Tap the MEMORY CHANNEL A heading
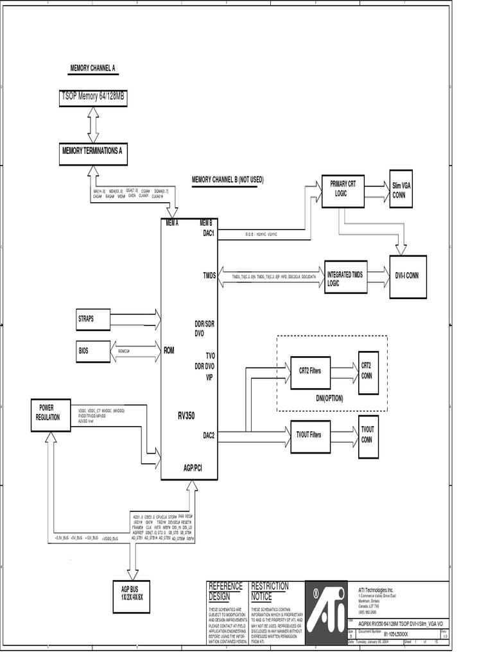pyautogui.click(x=92, y=68)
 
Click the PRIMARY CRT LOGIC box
pyautogui.click(x=342, y=189)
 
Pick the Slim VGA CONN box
pyautogui.click(x=401, y=189)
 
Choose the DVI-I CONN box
pyautogui.click(x=407, y=276)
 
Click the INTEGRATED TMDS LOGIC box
pyautogui.click(x=345, y=278)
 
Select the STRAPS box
pyautogui.click(x=93, y=319)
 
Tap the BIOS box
pyautogui.click(x=93, y=350)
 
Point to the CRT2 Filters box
pyautogui.click(x=310, y=371)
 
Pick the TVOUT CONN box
pyautogui.click(x=368, y=437)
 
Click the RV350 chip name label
pyautogui.click(x=186, y=416)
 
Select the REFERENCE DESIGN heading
pyautogui.click(x=225, y=591)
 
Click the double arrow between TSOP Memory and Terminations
pyautogui.click(x=94, y=125)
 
